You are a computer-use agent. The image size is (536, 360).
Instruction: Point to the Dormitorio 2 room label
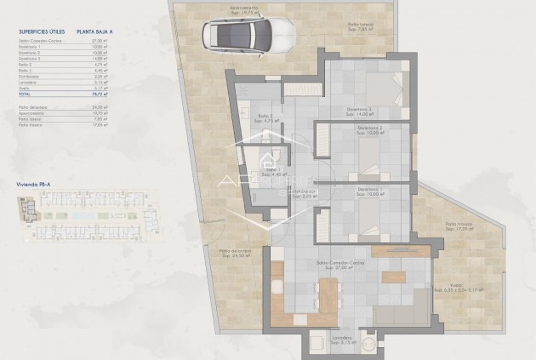coord(369,130)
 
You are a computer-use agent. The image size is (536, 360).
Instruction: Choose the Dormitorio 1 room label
coord(369,190)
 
